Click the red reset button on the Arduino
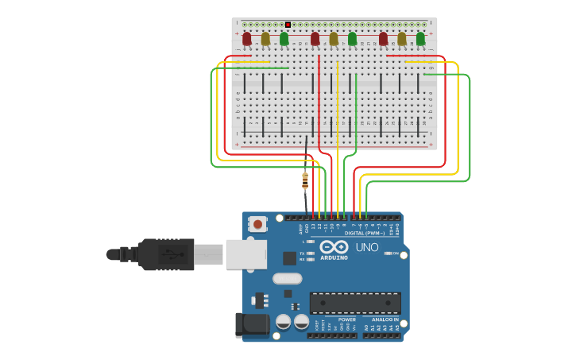pyautogui.click(x=257, y=224)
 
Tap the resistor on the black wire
pyautogui.click(x=305, y=180)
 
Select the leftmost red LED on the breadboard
pyautogui.click(x=247, y=38)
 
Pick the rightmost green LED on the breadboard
pyautogui.click(x=420, y=38)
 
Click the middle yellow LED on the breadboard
pyautogui.click(x=334, y=38)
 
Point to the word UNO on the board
pyautogui.click(x=367, y=247)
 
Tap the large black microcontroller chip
pyautogui.click(x=354, y=302)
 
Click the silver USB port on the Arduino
pyautogui.click(x=245, y=254)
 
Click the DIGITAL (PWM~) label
pyautogui.click(x=365, y=233)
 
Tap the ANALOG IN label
pyautogui.click(x=385, y=319)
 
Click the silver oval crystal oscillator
pyautogui.click(x=287, y=278)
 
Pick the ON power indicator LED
pyautogui.click(x=389, y=253)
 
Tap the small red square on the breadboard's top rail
pyautogui.click(x=288, y=25)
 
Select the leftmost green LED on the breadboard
pyautogui.click(x=284, y=38)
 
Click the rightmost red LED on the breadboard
pyautogui.click(x=384, y=38)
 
